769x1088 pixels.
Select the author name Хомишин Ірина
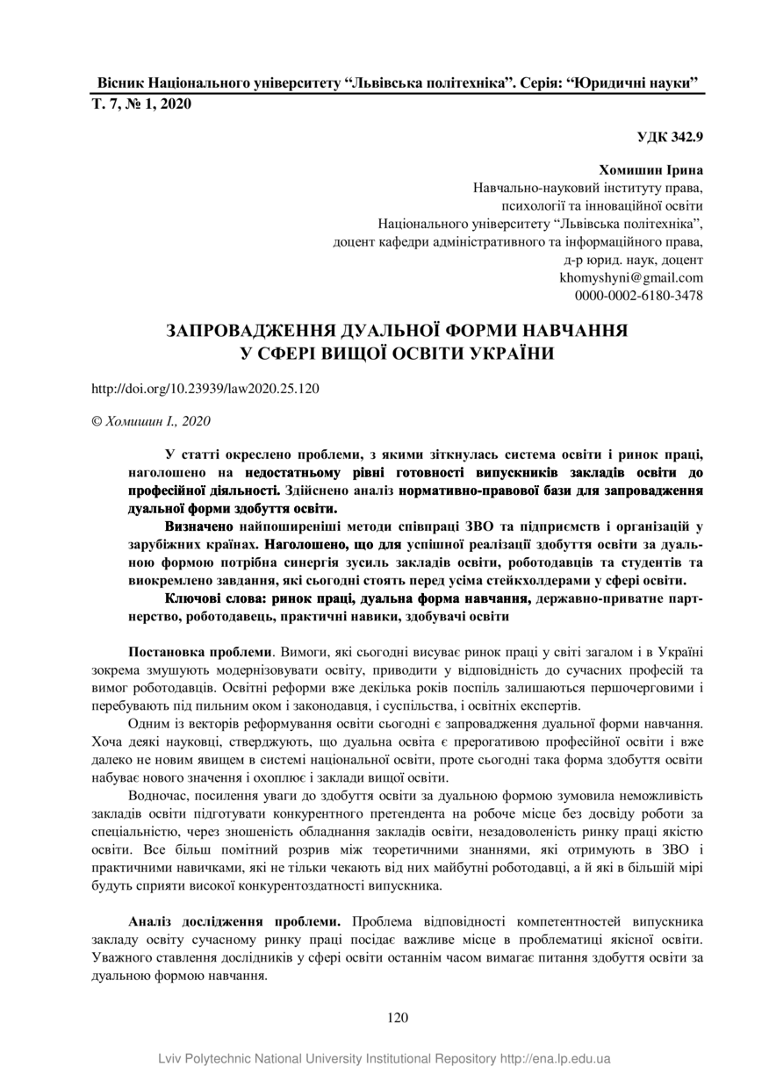[650, 168]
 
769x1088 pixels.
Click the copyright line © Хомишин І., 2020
[151, 421]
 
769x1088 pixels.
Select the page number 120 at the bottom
[398, 1019]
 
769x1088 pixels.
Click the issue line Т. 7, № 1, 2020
[141, 104]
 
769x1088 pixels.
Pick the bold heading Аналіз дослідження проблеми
[234, 922]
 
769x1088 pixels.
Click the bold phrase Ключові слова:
[215, 598]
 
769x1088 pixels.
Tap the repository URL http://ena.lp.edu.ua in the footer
[556, 1059]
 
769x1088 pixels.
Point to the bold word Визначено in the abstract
[199, 526]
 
